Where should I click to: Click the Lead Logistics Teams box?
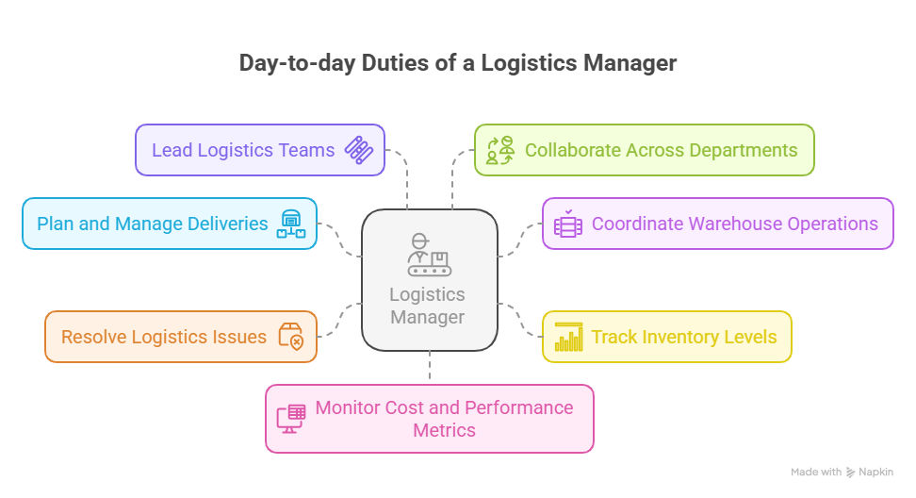(260, 150)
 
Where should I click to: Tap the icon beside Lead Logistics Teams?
(359, 150)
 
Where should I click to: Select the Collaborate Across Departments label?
(661, 150)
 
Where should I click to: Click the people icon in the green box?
(500, 150)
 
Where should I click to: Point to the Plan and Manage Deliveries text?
(153, 224)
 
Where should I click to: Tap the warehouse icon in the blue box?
(291, 224)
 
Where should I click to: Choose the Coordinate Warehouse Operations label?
(735, 224)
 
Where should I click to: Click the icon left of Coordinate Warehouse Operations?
(568, 224)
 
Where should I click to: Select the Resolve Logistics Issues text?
(164, 338)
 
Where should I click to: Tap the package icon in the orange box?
(291, 337)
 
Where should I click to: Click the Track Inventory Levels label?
(684, 338)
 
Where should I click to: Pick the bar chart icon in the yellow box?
(568, 337)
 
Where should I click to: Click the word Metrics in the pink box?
(445, 430)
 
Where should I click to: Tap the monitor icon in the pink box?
(291, 419)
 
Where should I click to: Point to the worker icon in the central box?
(430, 255)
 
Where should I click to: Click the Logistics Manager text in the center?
(428, 306)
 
